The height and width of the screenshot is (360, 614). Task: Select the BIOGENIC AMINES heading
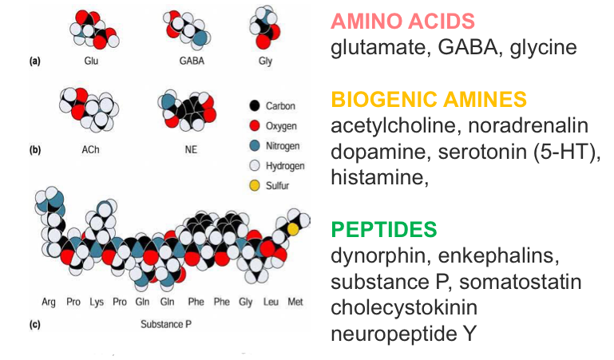coord(429,100)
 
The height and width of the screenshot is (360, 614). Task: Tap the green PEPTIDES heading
coord(383,230)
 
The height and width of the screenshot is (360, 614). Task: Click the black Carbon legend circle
coord(254,105)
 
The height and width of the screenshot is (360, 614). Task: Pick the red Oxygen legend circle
coord(254,125)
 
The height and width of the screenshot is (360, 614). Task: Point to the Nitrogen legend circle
coord(254,145)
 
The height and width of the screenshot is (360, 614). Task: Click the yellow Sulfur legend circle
coord(254,185)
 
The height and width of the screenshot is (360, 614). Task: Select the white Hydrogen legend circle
coord(254,165)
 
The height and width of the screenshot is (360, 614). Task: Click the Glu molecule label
coord(90,60)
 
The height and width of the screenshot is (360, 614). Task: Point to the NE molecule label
coord(191,148)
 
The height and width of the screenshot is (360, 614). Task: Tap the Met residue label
coord(295,303)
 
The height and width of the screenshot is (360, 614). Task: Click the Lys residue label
coord(96,303)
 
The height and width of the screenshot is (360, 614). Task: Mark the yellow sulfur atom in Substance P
coord(293,229)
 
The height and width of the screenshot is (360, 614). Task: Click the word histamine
coord(378,179)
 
